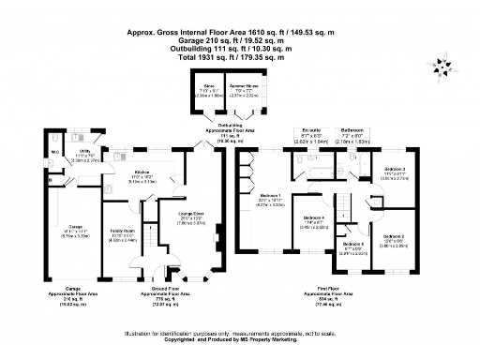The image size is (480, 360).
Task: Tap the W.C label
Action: tap(56, 150)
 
